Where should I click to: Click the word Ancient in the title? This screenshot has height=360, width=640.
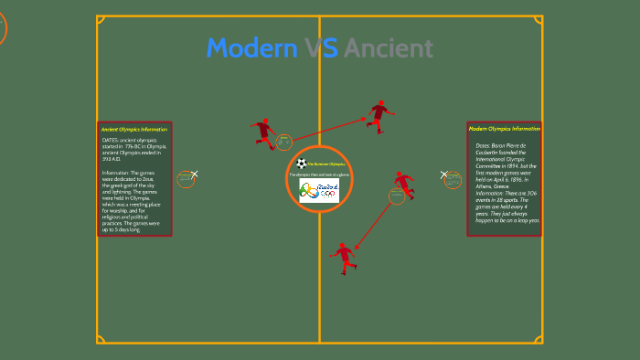(x=389, y=48)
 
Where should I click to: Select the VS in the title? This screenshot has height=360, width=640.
(x=322, y=48)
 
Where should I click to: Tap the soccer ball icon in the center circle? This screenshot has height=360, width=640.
(x=301, y=164)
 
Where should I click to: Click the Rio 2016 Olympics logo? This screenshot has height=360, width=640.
(x=319, y=190)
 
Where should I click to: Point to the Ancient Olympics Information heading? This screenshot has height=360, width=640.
(x=134, y=129)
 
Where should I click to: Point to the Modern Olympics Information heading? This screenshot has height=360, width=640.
(x=505, y=129)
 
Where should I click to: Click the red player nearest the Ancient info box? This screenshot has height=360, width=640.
(x=263, y=132)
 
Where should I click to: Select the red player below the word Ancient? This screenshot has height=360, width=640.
(x=379, y=115)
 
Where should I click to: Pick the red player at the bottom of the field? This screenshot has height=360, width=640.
(x=343, y=257)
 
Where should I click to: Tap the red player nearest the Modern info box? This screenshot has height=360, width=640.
(x=401, y=186)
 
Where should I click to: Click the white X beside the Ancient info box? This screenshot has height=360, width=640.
(x=194, y=174)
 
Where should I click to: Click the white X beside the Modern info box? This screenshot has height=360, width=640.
(x=444, y=174)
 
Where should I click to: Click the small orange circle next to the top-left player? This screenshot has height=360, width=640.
(x=283, y=142)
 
